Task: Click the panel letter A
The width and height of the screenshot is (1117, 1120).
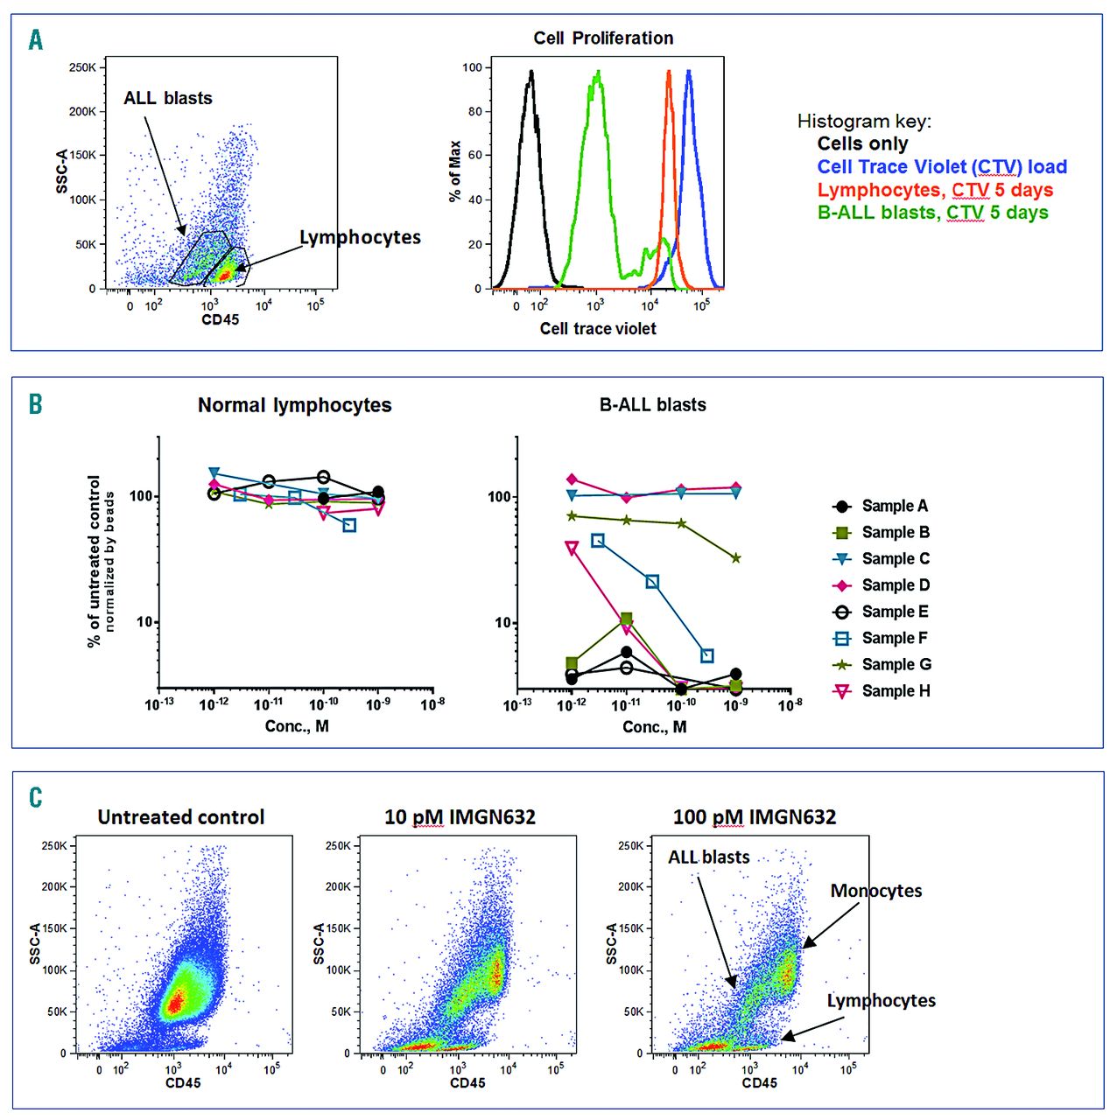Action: [36, 40]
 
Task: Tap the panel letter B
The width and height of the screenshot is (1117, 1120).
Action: [36, 404]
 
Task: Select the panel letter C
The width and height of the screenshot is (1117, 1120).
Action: [36, 797]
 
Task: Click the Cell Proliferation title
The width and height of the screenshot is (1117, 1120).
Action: [603, 38]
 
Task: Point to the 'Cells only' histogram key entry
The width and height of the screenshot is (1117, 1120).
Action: [862, 143]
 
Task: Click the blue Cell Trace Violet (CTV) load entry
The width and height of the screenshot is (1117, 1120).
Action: [942, 167]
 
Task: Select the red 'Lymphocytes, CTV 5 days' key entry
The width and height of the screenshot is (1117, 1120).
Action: [935, 190]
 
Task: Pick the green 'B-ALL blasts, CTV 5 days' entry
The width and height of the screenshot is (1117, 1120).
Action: [932, 213]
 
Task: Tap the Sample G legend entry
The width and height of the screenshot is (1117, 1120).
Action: [896, 664]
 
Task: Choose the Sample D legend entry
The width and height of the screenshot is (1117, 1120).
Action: [896, 585]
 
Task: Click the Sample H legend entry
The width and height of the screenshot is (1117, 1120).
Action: [896, 691]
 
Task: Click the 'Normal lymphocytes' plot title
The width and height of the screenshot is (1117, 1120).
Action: [294, 405]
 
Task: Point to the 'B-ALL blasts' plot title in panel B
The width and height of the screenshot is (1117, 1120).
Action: [652, 405]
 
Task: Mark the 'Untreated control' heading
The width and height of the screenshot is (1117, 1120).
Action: [181, 817]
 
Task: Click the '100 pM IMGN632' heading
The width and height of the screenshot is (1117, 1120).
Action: [754, 817]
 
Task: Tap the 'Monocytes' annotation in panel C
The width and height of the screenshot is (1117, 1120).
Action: [876, 891]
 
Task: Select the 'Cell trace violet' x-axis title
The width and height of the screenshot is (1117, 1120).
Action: [598, 328]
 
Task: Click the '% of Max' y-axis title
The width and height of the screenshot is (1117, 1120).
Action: [454, 171]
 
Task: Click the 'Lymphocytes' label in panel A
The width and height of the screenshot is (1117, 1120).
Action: [360, 238]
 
